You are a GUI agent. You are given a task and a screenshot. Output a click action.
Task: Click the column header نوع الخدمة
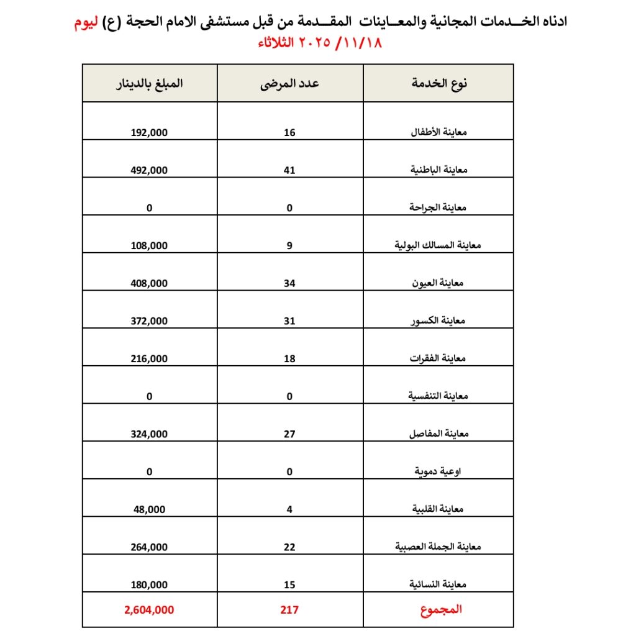pyautogui.click(x=439, y=84)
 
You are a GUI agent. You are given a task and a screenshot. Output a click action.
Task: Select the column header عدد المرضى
pyautogui.click(x=289, y=84)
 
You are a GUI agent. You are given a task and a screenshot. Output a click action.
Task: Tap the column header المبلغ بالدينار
pyautogui.click(x=150, y=84)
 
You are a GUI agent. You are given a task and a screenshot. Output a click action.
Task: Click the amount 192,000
pyautogui.click(x=150, y=132)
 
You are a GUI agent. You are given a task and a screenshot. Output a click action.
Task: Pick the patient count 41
pyautogui.click(x=289, y=170)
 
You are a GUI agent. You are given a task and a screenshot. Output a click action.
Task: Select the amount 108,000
pyautogui.click(x=150, y=246)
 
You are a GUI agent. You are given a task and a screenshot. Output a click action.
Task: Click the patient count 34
pyautogui.click(x=289, y=283)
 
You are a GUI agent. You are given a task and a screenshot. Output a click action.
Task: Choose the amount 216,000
pyautogui.click(x=150, y=359)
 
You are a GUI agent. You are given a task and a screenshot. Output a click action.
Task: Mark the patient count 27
pyautogui.click(x=289, y=434)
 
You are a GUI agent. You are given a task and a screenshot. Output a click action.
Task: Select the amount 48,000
pyautogui.click(x=150, y=509)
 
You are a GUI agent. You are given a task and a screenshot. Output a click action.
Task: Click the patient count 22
pyautogui.click(x=289, y=547)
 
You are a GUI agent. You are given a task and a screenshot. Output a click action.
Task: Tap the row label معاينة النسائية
pyautogui.click(x=438, y=584)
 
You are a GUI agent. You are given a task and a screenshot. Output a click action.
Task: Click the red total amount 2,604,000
pyautogui.click(x=149, y=610)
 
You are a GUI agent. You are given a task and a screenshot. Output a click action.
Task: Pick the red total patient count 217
pyautogui.click(x=289, y=610)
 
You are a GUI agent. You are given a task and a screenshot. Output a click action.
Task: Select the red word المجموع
pyautogui.click(x=442, y=610)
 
